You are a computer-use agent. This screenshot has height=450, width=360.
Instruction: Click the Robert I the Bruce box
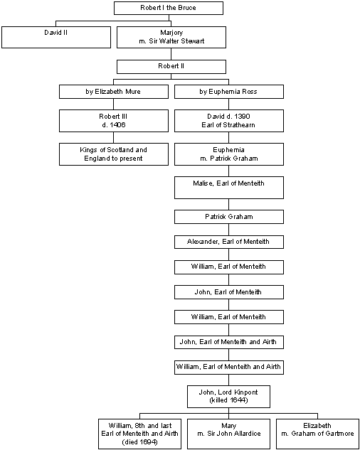169,8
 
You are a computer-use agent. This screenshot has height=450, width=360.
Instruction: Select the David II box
56,37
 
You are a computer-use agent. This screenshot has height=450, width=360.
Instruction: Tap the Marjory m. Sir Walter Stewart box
171,37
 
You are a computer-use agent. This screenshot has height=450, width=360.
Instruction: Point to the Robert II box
171,67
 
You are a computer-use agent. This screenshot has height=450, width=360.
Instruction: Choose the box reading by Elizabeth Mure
114,92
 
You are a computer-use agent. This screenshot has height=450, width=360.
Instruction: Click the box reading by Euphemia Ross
229,92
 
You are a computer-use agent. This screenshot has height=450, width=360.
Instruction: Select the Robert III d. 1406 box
114,121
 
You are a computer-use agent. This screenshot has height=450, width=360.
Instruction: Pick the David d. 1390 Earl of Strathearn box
229,121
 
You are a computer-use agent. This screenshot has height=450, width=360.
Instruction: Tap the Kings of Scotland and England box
114,154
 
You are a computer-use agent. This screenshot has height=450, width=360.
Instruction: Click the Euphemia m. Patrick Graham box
229,154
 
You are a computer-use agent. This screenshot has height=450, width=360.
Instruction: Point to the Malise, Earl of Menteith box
229,188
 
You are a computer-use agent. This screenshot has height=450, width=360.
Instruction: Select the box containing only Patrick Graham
229,217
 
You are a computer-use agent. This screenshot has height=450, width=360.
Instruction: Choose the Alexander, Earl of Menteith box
229,242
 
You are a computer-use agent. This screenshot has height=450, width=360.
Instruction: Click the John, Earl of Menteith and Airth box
229,342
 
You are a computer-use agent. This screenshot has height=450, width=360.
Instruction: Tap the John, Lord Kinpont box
228,397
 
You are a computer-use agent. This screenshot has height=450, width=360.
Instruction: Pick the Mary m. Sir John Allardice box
228,434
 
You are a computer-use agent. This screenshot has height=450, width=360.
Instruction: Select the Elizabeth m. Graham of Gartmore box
317,434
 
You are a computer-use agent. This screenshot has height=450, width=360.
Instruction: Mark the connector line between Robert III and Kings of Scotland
114,138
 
